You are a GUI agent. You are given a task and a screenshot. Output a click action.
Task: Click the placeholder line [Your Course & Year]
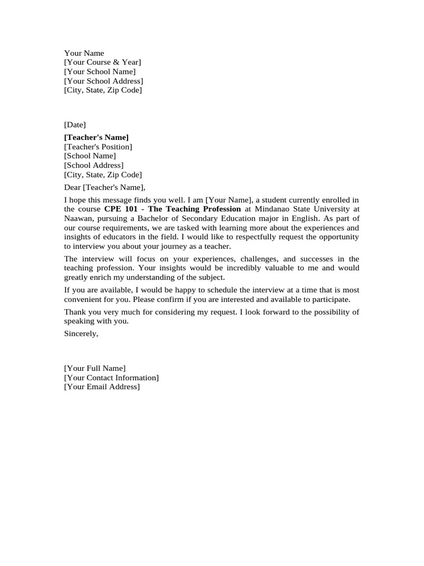click(102, 62)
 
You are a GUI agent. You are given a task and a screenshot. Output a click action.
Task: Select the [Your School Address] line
click(103, 81)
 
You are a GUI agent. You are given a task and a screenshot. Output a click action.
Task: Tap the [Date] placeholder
click(75, 125)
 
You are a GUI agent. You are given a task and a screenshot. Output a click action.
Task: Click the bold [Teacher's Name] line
click(96, 137)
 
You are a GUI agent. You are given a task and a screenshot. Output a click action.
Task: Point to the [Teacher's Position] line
click(98, 146)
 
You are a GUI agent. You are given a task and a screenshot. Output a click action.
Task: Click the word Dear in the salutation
click(72, 187)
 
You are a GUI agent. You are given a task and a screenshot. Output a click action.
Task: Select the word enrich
click(103, 277)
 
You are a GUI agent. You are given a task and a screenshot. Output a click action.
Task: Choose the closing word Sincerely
click(81, 334)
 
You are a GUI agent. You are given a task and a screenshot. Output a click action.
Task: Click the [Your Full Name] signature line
click(94, 368)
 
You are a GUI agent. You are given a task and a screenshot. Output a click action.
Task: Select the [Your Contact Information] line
click(111, 378)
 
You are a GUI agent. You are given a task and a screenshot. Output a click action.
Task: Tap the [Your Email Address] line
click(102, 387)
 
